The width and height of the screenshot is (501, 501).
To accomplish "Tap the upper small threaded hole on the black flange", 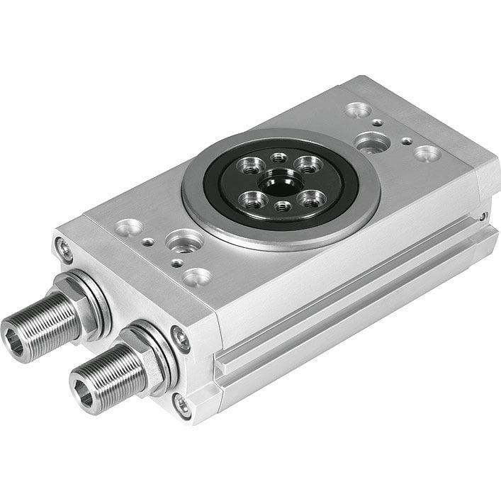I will [279, 157].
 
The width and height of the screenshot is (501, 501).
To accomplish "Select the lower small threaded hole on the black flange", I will [282, 206].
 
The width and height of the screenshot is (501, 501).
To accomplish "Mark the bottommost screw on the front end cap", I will [182, 406].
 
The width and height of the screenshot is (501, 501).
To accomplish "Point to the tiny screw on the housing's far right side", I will [483, 215].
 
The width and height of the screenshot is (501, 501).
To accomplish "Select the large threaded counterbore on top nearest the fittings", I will [185, 242].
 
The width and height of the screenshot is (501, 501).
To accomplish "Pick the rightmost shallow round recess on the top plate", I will [427, 152].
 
